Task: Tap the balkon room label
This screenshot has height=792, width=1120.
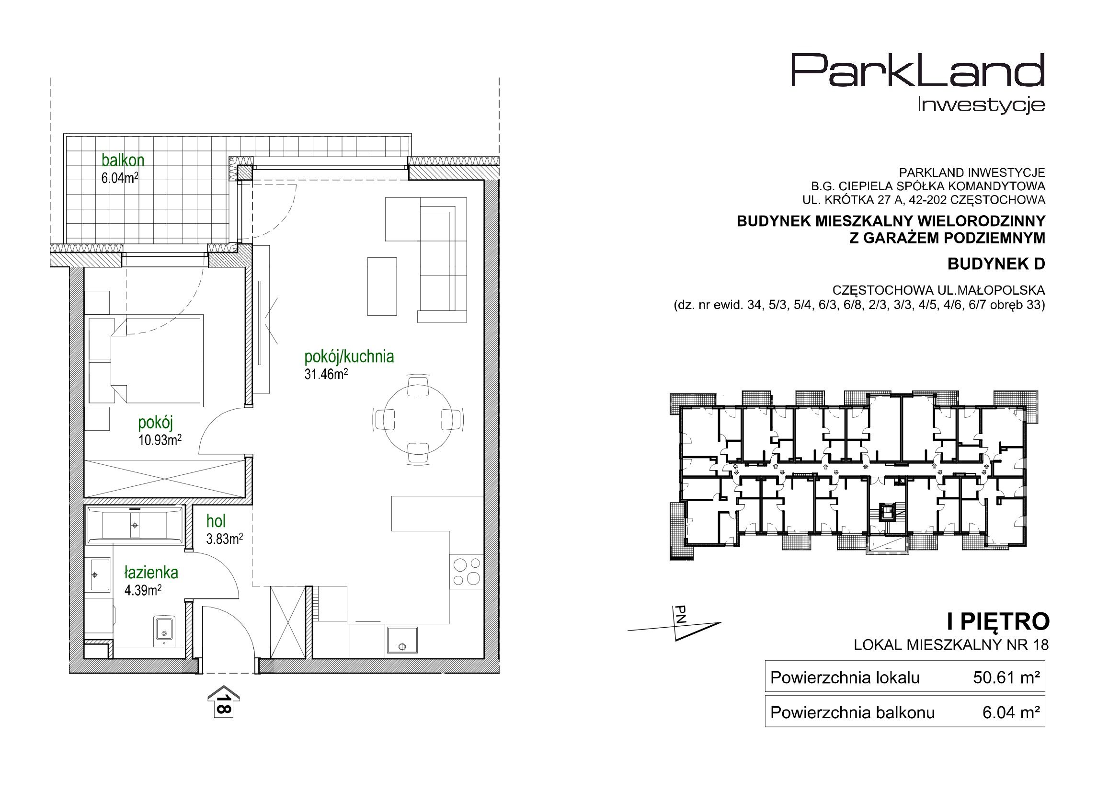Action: coord(123,160)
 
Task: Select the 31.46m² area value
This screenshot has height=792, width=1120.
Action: coord(326,374)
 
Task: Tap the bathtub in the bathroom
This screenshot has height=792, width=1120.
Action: coord(135,526)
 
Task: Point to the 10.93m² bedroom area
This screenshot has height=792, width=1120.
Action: coord(160,440)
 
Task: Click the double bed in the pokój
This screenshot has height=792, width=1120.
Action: coord(145,360)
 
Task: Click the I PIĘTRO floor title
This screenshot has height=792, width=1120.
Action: coord(997,622)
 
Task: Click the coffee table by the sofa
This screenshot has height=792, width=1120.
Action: coord(382,287)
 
